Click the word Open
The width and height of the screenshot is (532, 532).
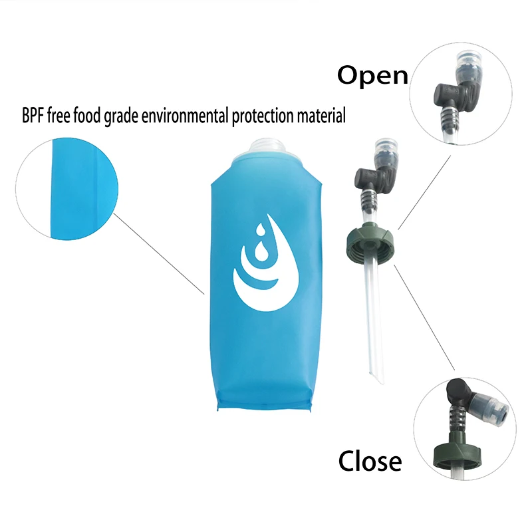point(372,74)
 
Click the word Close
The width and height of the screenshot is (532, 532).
point(370,461)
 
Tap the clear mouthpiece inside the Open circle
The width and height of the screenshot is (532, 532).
point(465,66)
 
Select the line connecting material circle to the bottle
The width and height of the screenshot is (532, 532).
point(160,253)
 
